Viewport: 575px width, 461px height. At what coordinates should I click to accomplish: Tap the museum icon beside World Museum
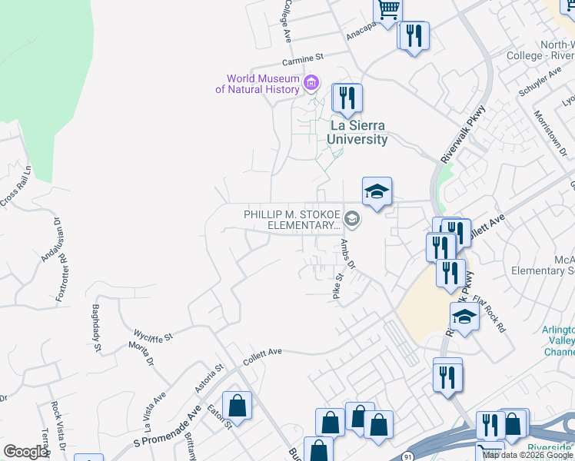point(311,82)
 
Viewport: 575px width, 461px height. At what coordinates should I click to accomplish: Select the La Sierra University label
point(358,132)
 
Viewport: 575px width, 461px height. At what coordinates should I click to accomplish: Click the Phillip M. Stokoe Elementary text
point(292,219)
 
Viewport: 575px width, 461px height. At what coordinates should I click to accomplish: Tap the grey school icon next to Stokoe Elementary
point(353,220)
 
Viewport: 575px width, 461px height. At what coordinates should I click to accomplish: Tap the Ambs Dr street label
point(347,254)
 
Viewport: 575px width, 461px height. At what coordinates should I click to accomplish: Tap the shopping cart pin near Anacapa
point(389,10)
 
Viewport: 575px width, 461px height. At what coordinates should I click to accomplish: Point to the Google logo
point(25,452)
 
